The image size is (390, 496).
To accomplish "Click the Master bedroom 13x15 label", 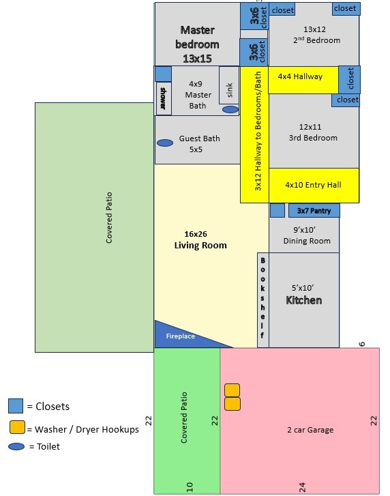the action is coord(197,44).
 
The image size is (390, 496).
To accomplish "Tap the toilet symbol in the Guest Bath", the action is coord(165,143).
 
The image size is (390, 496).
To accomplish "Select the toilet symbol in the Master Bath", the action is coord(230,109).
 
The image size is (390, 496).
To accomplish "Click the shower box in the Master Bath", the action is coord(164,98).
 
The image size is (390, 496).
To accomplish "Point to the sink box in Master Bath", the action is coord(229,85).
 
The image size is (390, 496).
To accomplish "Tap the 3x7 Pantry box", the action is coord(314,211).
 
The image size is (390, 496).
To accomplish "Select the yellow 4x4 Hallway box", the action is coord(303,80).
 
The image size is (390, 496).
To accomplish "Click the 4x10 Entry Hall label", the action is coord(313,185).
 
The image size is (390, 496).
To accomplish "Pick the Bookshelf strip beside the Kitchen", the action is coord(263,300).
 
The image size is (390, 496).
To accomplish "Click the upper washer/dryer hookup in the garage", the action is coord(232,390).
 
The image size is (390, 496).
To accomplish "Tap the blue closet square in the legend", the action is coord(16,406).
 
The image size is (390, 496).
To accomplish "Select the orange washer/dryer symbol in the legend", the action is coord(17,427).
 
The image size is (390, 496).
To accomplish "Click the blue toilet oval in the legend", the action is coord(16,446).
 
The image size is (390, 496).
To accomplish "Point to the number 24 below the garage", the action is coord(302,487).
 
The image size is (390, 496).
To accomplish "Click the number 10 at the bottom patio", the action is coord(190,487).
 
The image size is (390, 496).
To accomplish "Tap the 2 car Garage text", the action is coord(310,430).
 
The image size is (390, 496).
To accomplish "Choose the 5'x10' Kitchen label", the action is coord(303,295).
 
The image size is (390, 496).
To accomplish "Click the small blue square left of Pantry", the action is coord(277,210).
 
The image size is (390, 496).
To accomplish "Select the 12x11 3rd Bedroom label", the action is coord(313,132).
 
